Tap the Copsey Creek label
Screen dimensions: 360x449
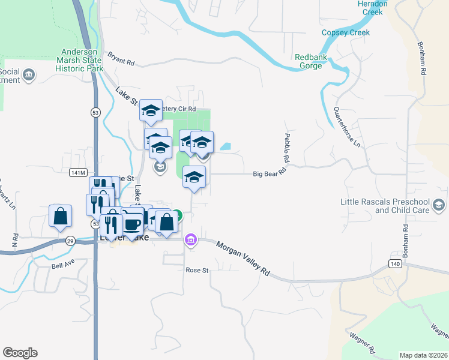pos(346,32)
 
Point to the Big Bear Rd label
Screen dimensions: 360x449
pos(268,174)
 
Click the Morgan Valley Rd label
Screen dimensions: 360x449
pos(243,259)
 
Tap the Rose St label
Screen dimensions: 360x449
pos(196,270)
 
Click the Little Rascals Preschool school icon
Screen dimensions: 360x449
pos(439,206)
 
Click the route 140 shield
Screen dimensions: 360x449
pos(394,263)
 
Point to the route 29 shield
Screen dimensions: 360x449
pos(70,241)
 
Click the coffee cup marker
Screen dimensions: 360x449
pos(132,224)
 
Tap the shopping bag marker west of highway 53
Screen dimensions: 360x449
pos(61,216)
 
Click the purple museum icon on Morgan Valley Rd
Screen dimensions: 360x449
pos(191,239)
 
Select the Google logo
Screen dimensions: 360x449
pos(20,353)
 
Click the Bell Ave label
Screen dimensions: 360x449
pos(62,265)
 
